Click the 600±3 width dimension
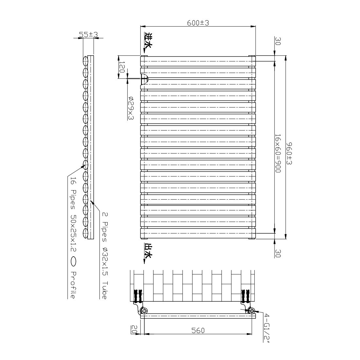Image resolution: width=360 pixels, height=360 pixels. point(198,23)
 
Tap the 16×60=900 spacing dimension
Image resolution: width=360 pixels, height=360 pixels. point(278,154)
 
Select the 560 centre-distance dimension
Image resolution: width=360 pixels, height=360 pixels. point(198,331)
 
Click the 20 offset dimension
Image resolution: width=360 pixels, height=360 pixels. point(134,328)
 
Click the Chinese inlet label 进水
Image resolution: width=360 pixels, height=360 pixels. point(148,41)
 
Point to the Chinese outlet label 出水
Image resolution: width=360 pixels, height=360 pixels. point(148,251)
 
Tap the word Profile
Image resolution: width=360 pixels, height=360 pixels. point(73,285)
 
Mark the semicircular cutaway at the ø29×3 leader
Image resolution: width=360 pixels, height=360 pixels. point(144,79)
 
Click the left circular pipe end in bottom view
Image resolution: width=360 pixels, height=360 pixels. point(144,311)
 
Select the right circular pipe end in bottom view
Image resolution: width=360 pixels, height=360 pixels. point(251,311)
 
